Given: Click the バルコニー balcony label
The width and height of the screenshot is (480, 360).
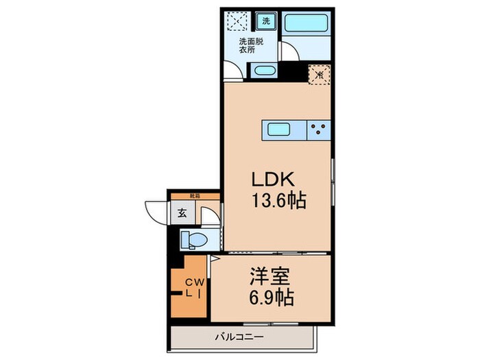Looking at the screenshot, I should click(x=240, y=337).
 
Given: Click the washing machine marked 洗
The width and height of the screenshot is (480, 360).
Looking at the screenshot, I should click(x=266, y=21).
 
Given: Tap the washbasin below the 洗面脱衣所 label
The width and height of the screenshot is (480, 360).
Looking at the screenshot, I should click(x=263, y=71).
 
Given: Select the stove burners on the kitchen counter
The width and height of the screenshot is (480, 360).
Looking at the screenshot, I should click(x=318, y=129).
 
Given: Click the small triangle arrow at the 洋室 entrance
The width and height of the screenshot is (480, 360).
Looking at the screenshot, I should click(x=214, y=259).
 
